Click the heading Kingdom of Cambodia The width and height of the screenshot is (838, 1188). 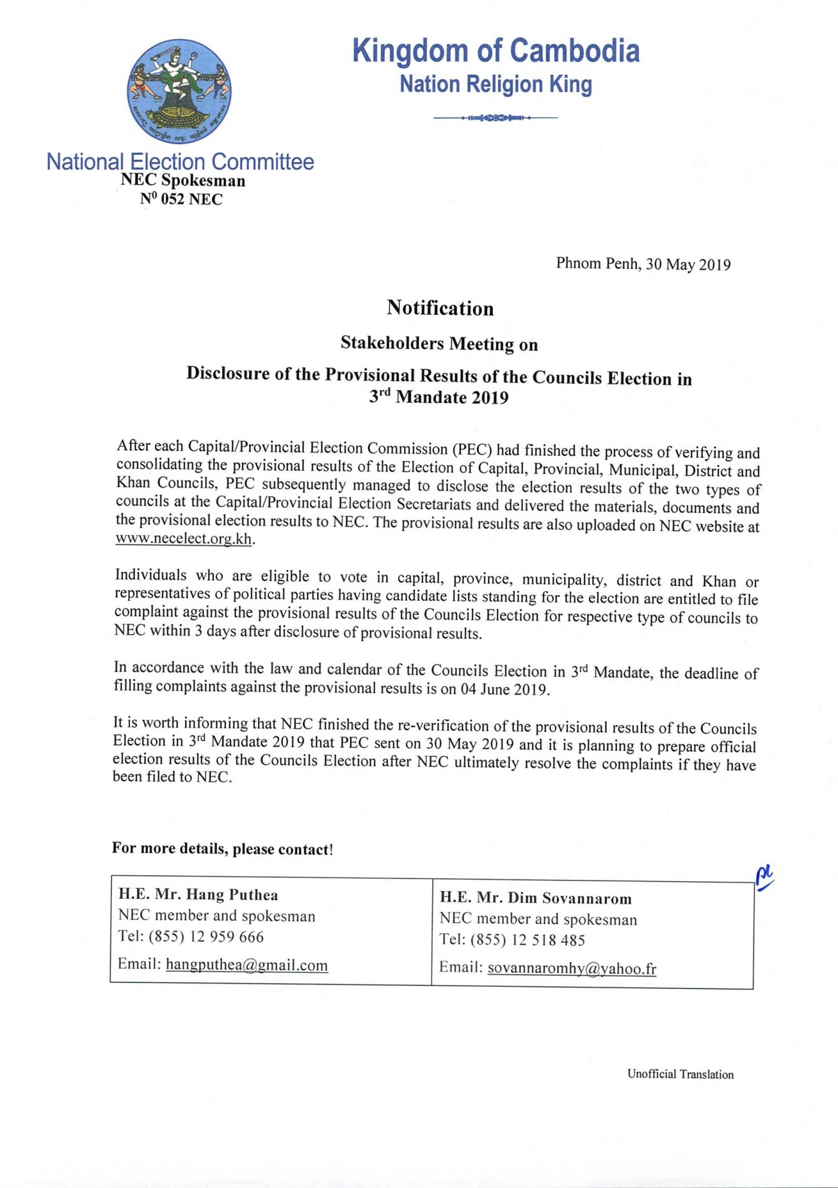tap(496, 51)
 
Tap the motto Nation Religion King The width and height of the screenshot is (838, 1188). tap(496, 84)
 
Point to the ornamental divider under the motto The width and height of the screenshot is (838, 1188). tap(496, 118)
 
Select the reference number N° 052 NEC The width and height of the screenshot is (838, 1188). tap(181, 199)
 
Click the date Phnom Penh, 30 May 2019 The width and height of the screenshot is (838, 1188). tap(643, 264)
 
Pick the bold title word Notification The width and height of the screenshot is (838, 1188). tap(440, 308)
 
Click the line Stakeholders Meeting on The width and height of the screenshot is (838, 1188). tap(439, 344)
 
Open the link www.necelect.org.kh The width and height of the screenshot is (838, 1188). tap(184, 540)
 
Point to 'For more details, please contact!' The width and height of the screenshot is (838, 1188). tap(222, 849)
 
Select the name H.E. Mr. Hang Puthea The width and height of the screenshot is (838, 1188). tap(198, 895)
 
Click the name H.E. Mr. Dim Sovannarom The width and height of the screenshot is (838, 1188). tap(535, 899)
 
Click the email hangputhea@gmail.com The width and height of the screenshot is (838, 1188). tap(247, 965)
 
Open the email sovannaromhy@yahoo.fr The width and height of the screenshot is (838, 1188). tap(572, 968)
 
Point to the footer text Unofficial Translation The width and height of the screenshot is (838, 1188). tap(680, 1074)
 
